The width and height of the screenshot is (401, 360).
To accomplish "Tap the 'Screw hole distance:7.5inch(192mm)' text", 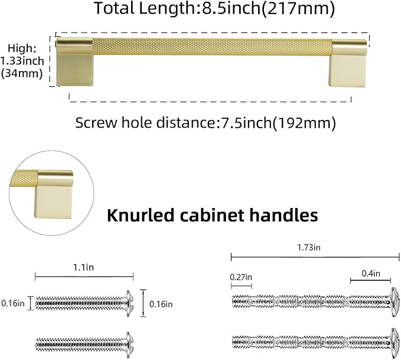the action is point(206,123).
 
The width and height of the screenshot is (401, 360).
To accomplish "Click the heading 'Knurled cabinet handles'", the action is point(213,215).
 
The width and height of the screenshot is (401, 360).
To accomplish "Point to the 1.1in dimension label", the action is point(83,267).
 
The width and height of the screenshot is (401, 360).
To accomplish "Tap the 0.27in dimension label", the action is point(241,277).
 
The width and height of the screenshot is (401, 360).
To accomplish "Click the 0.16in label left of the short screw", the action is point(12,303).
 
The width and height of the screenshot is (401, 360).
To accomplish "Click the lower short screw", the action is point(83,342).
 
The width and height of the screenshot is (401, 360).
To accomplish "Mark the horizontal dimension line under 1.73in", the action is point(315,257).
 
